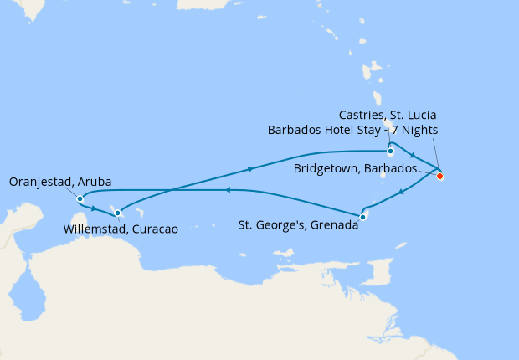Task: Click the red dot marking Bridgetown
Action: (439, 176)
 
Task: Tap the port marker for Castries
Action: (390, 152)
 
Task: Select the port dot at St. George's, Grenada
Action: (362, 218)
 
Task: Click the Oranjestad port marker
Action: (80, 199)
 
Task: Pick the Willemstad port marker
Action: (117, 212)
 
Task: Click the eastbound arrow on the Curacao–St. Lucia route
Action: (250, 170)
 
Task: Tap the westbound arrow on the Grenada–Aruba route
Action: (227, 190)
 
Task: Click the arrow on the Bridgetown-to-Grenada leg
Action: (403, 193)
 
